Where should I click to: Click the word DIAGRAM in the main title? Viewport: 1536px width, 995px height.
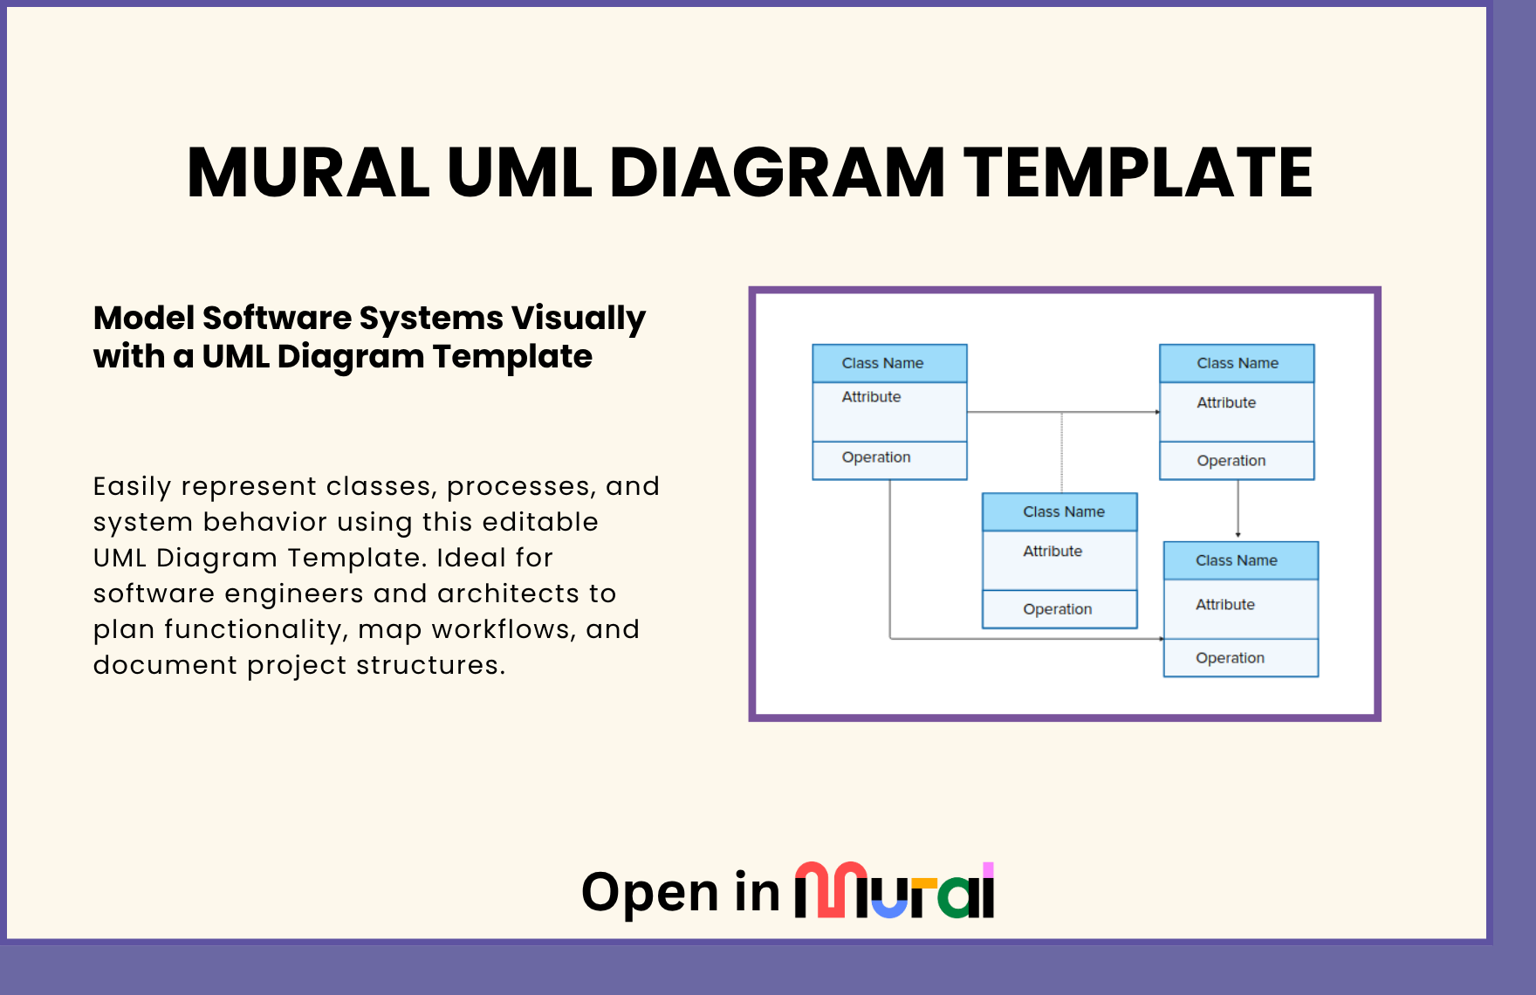click(x=777, y=173)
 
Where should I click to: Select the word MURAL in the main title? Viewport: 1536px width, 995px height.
click(x=308, y=173)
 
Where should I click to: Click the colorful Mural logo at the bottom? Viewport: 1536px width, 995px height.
click(x=894, y=891)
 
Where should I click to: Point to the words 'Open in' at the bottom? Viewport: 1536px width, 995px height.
click(x=680, y=893)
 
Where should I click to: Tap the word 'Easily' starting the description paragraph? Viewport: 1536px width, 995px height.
click(x=132, y=486)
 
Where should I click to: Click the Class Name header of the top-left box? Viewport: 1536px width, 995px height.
click(x=882, y=363)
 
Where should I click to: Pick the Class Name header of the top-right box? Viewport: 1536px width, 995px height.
click(x=1237, y=363)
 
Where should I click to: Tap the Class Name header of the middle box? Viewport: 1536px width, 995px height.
click(x=1063, y=511)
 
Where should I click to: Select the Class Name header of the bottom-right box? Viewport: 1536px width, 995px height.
click(x=1236, y=560)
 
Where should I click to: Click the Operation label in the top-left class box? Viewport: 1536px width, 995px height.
click(x=875, y=457)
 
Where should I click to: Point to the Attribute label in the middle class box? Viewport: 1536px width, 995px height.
click(x=1053, y=552)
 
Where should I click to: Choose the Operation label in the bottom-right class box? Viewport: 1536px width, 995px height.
click(x=1230, y=658)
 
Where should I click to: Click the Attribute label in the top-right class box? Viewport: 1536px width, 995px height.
click(x=1226, y=402)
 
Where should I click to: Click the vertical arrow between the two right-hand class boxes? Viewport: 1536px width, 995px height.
click(x=1238, y=509)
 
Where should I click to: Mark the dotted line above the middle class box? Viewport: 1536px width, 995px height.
click(x=1061, y=452)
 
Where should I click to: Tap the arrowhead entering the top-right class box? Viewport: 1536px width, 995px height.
click(x=1156, y=412)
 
